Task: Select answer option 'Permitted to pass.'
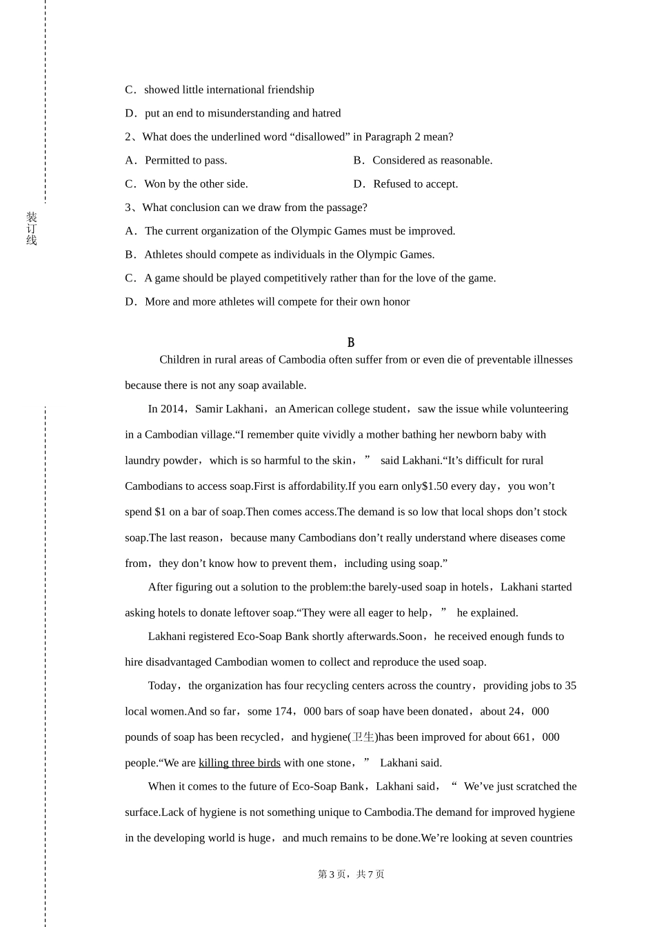(185, 160)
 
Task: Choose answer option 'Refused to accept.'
(415, 183)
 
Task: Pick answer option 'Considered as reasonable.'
(432, 160)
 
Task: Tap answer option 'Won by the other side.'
(196, 183)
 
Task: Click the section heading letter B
(351, 342)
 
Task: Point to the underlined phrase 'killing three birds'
(239, 763)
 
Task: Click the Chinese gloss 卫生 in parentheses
(363, 737)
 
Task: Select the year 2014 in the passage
(172, 409)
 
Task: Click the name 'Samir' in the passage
(209, 409)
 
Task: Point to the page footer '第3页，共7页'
(351, 875)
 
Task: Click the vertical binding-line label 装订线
(32, 229)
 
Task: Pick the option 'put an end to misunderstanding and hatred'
(243, 113)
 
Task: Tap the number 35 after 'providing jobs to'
(570, 686)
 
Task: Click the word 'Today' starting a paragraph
(163, 686)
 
